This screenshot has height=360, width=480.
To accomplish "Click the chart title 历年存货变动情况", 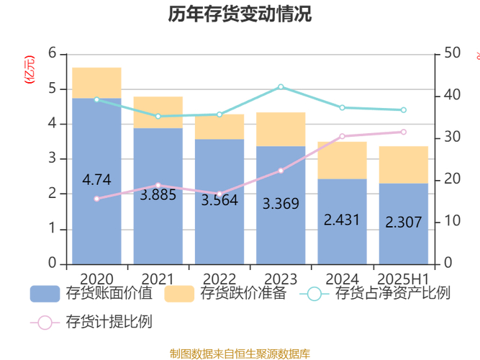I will [x=240, y=14].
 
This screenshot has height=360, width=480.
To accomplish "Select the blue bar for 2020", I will [x=96, y=216].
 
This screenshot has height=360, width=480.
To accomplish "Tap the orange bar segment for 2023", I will [x=281, y=129].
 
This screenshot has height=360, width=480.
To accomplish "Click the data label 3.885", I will [x=158, y=194].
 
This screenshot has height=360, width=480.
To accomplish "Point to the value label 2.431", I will [x=342, y=220].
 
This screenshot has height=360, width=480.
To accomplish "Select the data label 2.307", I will [x=404, y=222].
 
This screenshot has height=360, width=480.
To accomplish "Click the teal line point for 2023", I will [x=281, y=86].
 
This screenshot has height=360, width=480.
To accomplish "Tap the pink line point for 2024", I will [x=342, y=136].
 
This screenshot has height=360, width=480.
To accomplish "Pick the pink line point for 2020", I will [x=96, y=198].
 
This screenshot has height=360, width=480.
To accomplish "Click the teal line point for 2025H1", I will [x=404, y=110].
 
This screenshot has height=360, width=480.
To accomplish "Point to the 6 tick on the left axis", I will [x=52, y=53].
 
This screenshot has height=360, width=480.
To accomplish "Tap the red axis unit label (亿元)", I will [x=30, y=69].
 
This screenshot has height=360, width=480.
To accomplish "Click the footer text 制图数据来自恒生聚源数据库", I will [x=240, y=353].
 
